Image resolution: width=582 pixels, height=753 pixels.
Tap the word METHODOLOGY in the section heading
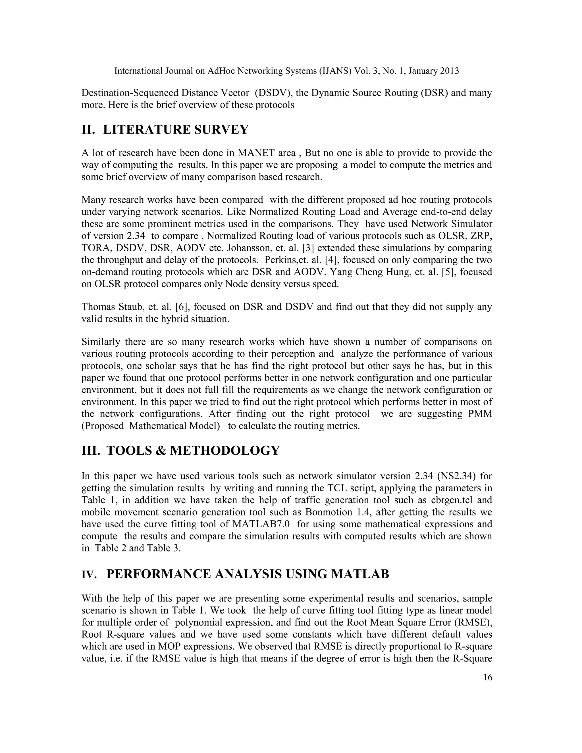pyautogui.click(x=225, y=450)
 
